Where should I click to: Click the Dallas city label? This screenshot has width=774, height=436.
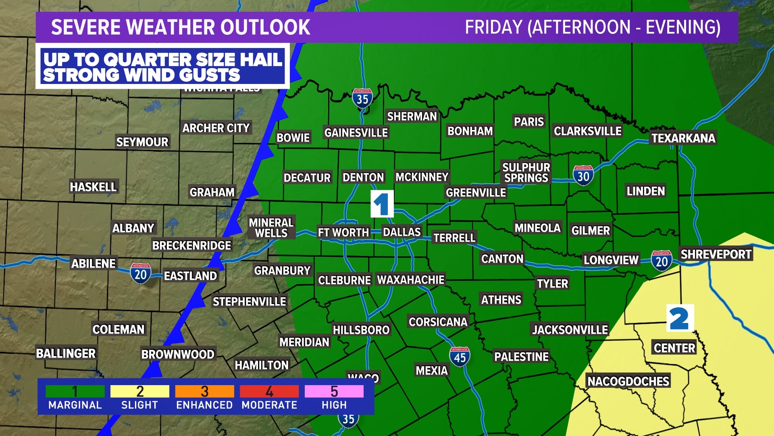402,232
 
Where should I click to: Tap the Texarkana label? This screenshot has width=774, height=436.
683,138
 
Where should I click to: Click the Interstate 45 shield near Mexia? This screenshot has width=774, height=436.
460,356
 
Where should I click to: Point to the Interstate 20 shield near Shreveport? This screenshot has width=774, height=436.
662,261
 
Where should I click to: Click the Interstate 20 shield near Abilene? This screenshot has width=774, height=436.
140,274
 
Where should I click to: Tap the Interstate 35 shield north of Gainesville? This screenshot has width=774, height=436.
362,98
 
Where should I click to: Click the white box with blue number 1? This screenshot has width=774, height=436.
382,204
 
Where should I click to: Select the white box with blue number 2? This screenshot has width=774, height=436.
680,318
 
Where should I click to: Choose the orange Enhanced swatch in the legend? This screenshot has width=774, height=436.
204,391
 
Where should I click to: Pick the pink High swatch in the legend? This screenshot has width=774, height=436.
334,391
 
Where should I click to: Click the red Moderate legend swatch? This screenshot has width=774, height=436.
269,391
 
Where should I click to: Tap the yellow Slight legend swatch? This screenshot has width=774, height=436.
139,391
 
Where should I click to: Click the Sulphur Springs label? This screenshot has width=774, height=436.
526,172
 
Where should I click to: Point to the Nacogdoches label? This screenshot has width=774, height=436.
628,381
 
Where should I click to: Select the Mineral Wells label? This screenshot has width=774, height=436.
271,228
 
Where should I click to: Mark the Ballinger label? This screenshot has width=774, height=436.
66,354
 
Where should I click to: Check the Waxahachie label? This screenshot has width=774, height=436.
410,280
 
